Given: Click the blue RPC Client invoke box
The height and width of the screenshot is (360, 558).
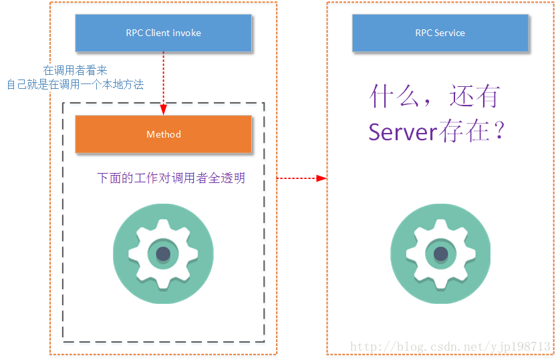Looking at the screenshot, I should [x=163, y=33].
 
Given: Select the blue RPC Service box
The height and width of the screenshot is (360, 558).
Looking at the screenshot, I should [x=440, y=33].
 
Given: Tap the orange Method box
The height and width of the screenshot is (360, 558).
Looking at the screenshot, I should [x=163, y=134].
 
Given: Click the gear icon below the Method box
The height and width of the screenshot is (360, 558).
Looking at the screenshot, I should [x=163, y=254].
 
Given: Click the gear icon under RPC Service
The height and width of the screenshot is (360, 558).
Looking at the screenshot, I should [x=440, y=254].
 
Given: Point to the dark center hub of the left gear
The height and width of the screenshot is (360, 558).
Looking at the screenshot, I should [x=163, y=254].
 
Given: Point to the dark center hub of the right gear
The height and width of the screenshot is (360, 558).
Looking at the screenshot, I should [x=440, y=254].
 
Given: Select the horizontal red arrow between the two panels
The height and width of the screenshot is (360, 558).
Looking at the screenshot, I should [x=301, y=178].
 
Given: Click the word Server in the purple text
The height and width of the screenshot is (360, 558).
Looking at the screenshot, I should [x=402, y=132].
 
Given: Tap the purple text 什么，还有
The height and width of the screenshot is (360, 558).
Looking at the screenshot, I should [x=435, y=98].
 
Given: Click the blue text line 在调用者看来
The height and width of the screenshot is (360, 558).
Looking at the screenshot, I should [x=75, y=70].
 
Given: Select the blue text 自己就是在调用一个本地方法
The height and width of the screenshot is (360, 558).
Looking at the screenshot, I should [x=75, y=84].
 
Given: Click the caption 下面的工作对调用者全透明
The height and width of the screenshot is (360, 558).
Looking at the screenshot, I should [x=171, y=178].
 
